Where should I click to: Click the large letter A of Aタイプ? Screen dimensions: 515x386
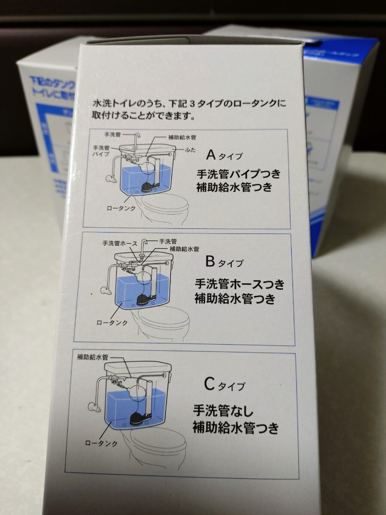coord(211,154)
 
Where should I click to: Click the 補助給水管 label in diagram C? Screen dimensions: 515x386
coord(93,357)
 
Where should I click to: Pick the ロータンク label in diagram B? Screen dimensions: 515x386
coord(112,322)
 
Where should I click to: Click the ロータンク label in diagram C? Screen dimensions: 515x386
coord(101,443)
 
